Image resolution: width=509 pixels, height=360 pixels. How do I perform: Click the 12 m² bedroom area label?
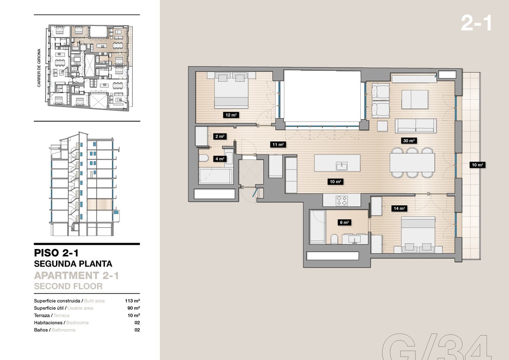click(231, 115)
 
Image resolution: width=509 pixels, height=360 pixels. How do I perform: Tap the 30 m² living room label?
click(409, 141)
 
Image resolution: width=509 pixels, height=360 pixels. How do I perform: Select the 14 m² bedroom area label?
click(399, 209)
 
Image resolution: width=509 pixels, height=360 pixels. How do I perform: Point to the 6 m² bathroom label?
click(344, 222)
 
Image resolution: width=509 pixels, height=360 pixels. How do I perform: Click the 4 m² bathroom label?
click(220, 159)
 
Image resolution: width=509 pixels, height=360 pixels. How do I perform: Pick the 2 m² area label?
click(220, 137)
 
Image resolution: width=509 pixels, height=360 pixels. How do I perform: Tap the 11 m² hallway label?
click(278, 145)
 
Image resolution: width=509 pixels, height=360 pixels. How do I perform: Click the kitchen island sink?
click(341, 166)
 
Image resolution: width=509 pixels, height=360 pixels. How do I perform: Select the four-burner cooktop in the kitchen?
click(341, 201)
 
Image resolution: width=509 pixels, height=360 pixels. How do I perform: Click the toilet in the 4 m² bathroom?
click(204, 158)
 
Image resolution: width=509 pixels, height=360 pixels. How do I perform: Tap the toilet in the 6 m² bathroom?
click(334, 239)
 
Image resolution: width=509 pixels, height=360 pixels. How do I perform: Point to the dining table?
click(412, 163)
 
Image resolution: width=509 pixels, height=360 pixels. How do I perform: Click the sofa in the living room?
click(416, 126)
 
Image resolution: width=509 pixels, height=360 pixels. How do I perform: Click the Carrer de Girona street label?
click(39, 68)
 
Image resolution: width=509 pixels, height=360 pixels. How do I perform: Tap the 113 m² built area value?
click(132, 301)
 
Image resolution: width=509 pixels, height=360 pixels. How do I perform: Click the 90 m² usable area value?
click(134, 308)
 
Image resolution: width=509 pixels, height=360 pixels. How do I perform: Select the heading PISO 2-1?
click(56, 253)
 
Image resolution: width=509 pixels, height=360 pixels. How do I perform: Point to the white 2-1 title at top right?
click(476, 23)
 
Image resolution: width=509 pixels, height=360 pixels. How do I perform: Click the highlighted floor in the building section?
click(100, 204)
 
